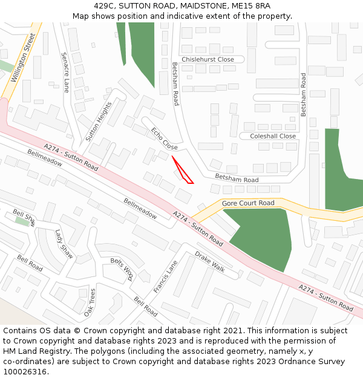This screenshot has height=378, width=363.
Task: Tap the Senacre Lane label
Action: (x=65, y=72)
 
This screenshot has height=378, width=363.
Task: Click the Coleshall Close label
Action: (x=273, y=136)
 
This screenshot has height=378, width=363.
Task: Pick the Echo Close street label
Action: (x=165, y=139)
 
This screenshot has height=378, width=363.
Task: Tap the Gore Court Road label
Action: (x=248, y=203)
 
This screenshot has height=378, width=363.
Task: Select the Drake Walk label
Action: (x=210, y=262)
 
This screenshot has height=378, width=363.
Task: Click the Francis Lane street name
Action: (x=166, y=277)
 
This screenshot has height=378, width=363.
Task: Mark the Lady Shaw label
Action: (x=64, y=244)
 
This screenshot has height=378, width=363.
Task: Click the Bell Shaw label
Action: (x=25, y=218)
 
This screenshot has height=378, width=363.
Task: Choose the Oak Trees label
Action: (x=90, y=302)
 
